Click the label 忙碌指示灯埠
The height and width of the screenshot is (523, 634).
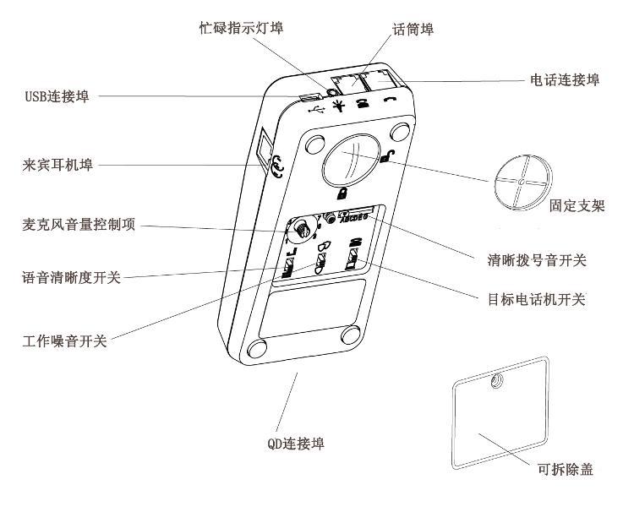click(x=236, y=27)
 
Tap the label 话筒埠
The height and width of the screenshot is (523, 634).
click(x=413, y=30)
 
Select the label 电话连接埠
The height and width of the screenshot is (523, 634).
click(x=565, y=80)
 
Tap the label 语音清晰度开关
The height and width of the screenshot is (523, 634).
click(x=71, y=278)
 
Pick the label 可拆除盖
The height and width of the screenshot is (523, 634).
click(x=565, y=469)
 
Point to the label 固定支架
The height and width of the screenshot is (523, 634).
click(x=577, y=206)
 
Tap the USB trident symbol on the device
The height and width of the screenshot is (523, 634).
click(x=317, y=110)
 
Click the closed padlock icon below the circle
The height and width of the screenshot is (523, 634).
click(x=343, y=193)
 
